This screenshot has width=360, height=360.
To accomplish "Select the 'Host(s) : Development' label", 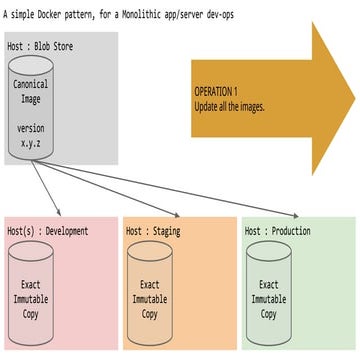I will tap(48, 231).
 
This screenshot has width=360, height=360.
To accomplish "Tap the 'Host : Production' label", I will tap(277, 231).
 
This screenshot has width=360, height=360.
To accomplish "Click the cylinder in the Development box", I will tap(32, 291).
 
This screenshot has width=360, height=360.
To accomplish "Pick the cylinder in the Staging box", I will tap(149, 291).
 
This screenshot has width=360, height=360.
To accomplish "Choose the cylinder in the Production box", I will tap(266, 291).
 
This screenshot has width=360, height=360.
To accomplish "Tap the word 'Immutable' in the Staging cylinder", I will tap(149, 299).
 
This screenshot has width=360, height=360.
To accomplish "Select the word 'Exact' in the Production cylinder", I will tap(266, 284).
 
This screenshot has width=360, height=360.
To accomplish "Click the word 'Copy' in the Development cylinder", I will tap(32, 314).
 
